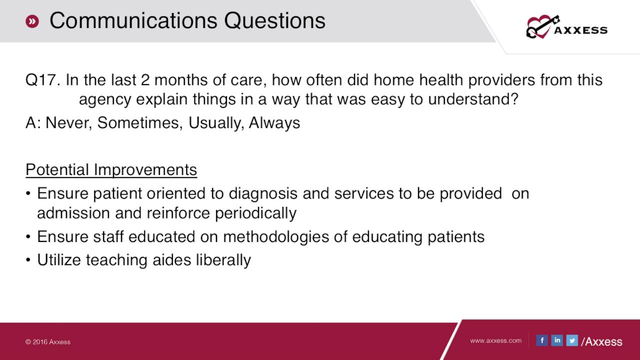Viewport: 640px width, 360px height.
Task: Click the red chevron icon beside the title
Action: coord(32,21)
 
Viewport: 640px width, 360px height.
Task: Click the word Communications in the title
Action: coord(133,21)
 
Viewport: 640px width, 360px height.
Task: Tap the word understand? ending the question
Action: coord(473,99)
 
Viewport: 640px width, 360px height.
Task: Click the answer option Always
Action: coord(274,123)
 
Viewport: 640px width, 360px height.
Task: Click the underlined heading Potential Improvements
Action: coord(111,170)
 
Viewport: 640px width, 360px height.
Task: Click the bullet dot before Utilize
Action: coord(29,260)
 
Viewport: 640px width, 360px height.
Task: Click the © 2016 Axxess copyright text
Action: coord(48,342)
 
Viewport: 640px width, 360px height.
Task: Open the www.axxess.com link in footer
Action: coord(495,340)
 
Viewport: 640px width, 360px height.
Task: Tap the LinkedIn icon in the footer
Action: coord(556,340)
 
